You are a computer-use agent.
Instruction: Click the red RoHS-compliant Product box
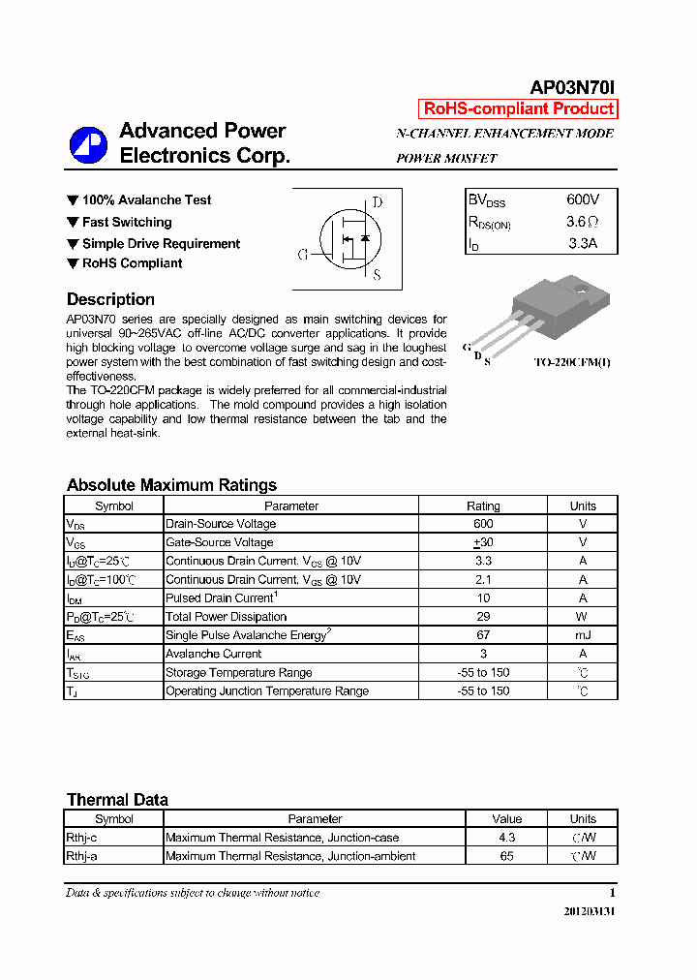517,109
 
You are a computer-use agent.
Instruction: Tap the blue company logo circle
88,144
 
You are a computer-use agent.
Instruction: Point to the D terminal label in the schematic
377,202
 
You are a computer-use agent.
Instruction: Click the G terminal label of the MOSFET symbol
302,255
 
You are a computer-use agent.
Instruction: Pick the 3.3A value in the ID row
583,243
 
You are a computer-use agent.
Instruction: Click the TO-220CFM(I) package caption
573,362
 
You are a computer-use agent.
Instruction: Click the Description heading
110,299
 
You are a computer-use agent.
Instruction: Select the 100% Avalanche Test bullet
146,199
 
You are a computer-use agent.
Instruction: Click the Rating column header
483,505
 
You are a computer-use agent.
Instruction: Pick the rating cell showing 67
483,635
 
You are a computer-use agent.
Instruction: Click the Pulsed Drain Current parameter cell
222,598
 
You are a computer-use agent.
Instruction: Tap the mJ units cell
583,635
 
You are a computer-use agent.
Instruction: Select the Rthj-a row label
82,856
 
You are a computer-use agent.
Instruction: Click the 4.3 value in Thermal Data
506,838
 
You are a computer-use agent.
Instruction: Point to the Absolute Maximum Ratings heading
171,485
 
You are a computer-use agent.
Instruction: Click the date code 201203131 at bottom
589,912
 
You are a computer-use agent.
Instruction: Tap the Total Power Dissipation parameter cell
227,617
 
